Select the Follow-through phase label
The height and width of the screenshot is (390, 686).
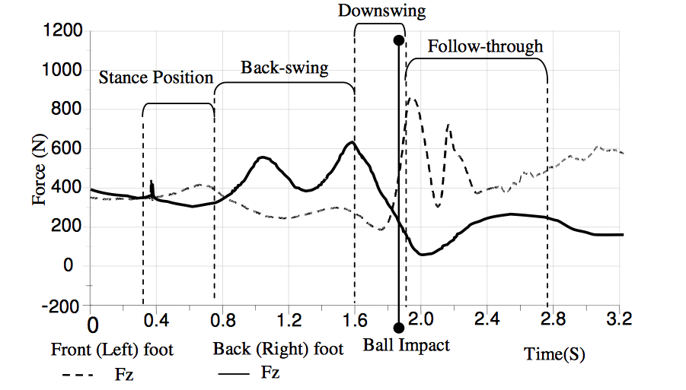[485, 46]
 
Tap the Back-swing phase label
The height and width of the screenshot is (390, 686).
[284, 68]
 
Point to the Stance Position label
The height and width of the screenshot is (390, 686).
[156, 78]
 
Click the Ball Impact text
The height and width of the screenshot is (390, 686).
[406, 345]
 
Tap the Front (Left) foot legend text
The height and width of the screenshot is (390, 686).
[112, 350]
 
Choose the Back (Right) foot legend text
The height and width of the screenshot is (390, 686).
[278, 350]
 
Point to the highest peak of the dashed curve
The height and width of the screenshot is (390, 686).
[413, 98]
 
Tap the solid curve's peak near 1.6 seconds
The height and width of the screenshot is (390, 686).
[351, 142]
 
